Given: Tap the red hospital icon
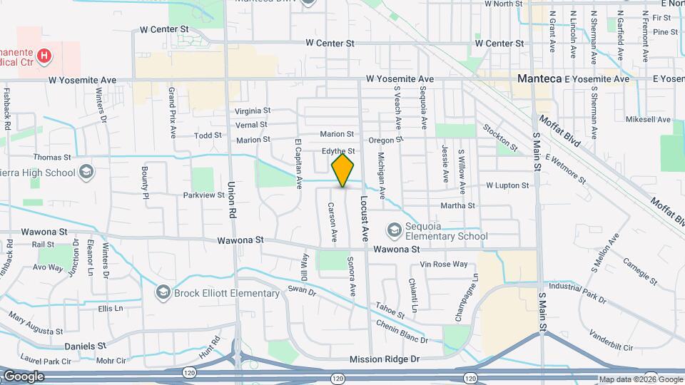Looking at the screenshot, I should (44, 55).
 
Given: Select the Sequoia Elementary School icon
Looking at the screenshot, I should (394, 230).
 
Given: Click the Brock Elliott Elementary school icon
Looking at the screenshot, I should (163, 292).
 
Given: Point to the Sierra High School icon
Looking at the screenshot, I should (86, 173).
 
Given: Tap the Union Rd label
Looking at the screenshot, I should (232, 200).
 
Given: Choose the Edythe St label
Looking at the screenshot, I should (338, 151).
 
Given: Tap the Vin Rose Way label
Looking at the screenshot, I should (444, 264).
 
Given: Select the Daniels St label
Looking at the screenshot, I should (86, 346).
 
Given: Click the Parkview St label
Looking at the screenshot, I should (203, 195).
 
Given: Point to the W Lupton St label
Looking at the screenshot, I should (507, 185).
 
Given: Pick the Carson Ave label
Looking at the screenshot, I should (332, 222).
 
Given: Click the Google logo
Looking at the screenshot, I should (24, 376).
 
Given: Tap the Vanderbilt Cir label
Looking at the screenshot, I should (612, 340).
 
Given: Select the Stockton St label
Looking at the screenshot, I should (499, 133).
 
